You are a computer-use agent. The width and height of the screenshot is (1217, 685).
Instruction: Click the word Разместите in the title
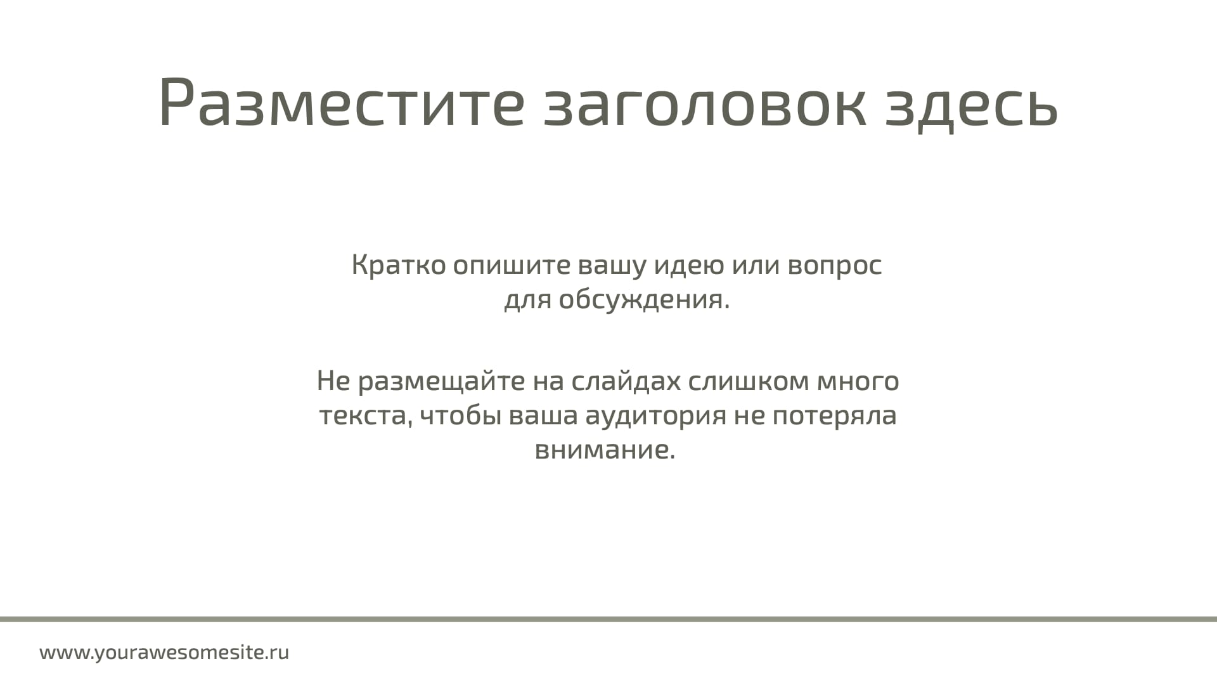[x=342, y=102]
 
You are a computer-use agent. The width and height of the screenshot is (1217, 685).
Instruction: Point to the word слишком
[x=749, y=382]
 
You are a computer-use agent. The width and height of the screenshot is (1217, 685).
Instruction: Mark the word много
[x=858, y=382]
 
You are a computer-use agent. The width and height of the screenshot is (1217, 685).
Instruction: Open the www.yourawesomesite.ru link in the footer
[x=164, y=653]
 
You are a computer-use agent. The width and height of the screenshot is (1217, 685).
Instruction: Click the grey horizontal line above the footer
[x=608, y=619]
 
